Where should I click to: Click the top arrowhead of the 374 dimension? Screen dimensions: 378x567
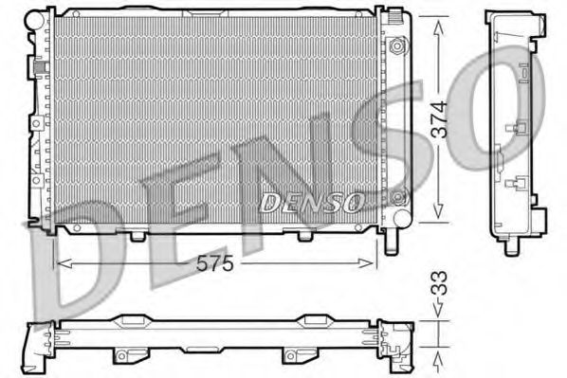pyautogui.click(x=437, y=27)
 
